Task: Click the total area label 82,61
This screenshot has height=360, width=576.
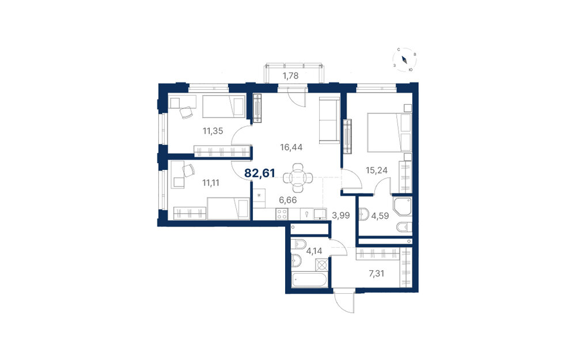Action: [x=259, y=173]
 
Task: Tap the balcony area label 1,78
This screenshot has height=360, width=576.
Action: [x=290, y=76]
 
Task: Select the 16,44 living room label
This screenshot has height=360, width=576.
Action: [x=291, y=147]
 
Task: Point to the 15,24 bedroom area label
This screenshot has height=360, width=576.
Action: [x=377, y=170]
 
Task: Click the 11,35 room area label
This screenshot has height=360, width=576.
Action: [x=213, y=131]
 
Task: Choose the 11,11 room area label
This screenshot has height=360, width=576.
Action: [x=211, y=183]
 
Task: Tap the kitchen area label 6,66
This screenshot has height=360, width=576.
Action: [x=287, y=200]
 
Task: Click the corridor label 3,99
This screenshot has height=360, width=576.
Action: [x=340, y=215]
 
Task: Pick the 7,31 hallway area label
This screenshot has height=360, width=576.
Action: [x=376, y=273]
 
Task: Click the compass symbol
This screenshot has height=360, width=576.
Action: [x=404, y=60]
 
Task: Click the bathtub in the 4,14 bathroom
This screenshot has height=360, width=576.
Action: [x=309, y=281]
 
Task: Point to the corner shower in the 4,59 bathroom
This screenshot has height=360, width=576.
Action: [x=402, y=207]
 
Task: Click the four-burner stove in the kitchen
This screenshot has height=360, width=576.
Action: [x=282, y=214]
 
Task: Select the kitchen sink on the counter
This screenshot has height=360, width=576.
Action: [x=319, y=214]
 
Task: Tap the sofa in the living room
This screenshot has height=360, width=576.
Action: [x=329, y=120]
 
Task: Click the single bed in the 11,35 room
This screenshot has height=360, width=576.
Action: [x=223, y=107]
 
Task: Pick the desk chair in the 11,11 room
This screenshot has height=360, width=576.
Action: [x=189, y=170]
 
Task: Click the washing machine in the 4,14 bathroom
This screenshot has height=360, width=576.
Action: [x=322, y=265]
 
